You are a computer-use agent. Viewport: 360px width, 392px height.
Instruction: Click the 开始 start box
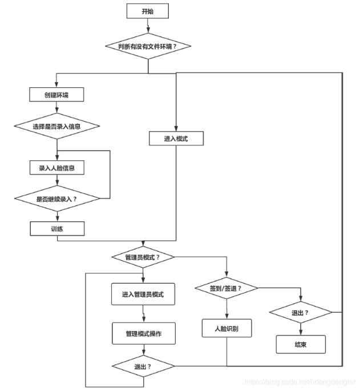(148, 11)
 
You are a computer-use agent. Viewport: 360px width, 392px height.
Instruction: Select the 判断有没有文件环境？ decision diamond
(148, 46)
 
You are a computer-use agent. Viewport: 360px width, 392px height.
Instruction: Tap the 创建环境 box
(57, 94)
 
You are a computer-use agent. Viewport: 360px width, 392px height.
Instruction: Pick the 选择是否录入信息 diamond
(57, 126)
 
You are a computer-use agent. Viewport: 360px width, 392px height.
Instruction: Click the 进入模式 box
(176, 139)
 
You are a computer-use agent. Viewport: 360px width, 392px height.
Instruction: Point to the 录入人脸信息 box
(57, 168)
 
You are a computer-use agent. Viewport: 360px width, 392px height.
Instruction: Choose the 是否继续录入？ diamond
(57, 199)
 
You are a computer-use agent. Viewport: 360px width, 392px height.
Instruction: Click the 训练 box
(57, 228)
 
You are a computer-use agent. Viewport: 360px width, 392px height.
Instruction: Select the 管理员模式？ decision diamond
(143, 257)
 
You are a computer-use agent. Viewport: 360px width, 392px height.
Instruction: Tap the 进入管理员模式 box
(143, 295)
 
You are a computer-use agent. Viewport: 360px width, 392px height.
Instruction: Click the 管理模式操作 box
(143, 333)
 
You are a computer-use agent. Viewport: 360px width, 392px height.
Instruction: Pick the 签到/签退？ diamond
(226, 288)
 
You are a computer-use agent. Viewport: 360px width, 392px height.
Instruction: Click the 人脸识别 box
(226, 329)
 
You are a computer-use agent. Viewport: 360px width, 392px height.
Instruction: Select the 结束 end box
(301, 345)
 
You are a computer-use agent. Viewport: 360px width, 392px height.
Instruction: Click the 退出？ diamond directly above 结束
(301, 313)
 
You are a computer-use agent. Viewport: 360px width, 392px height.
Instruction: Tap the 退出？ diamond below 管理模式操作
(143, 366)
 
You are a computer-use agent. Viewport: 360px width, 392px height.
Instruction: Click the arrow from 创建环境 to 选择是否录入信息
(57, 108)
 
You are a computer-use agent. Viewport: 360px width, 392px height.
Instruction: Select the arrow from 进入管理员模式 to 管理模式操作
(143, 314)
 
